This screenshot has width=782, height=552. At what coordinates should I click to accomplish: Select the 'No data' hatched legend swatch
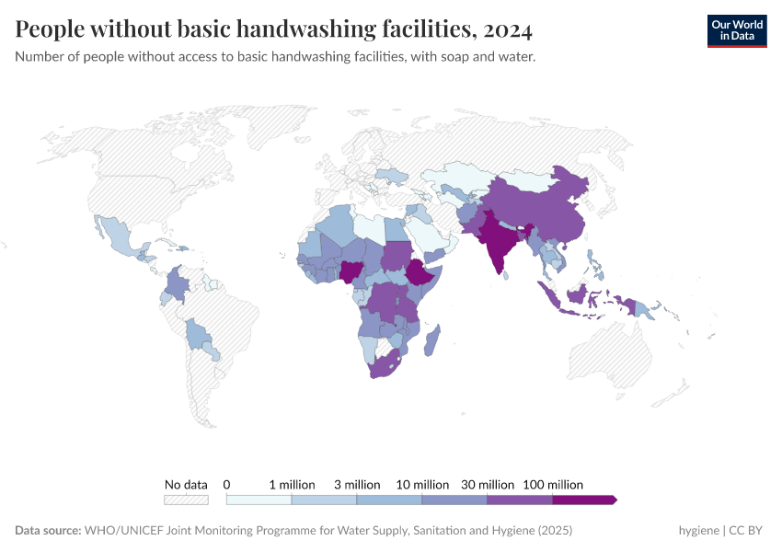[186, 500]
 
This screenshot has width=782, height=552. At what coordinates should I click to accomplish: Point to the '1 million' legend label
[292, 484]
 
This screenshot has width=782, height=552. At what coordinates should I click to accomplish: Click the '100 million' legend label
[553, 484]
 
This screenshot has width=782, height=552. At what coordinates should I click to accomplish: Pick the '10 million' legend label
[423, 484]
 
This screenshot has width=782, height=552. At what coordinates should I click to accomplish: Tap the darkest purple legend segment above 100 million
[583, 500]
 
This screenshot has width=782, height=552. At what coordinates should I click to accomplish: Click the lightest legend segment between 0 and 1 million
[259, 500]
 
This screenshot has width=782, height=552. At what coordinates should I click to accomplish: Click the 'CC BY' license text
[747, 531]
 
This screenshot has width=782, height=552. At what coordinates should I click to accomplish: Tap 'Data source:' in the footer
[48, 531]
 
